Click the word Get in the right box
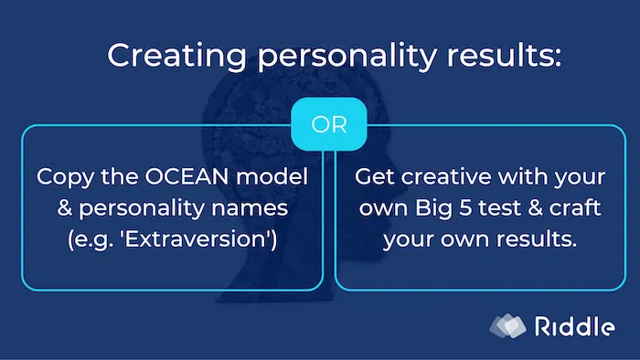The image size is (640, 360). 371,176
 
